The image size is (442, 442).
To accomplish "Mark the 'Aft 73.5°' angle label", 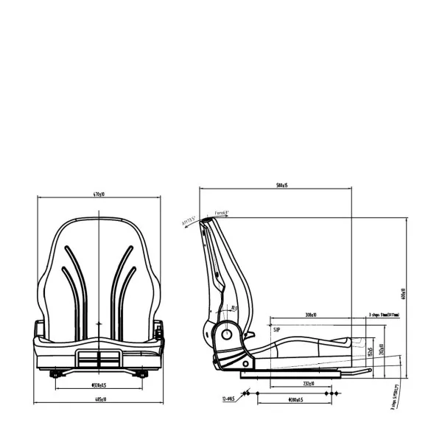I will [189, 219].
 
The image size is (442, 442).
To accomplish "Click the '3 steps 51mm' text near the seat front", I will [384, 315].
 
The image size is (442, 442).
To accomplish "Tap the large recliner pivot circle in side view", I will [227, 334].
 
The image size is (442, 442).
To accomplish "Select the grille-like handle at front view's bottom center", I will [98, 359].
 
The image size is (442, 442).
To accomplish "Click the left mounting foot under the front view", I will [55, 374].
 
